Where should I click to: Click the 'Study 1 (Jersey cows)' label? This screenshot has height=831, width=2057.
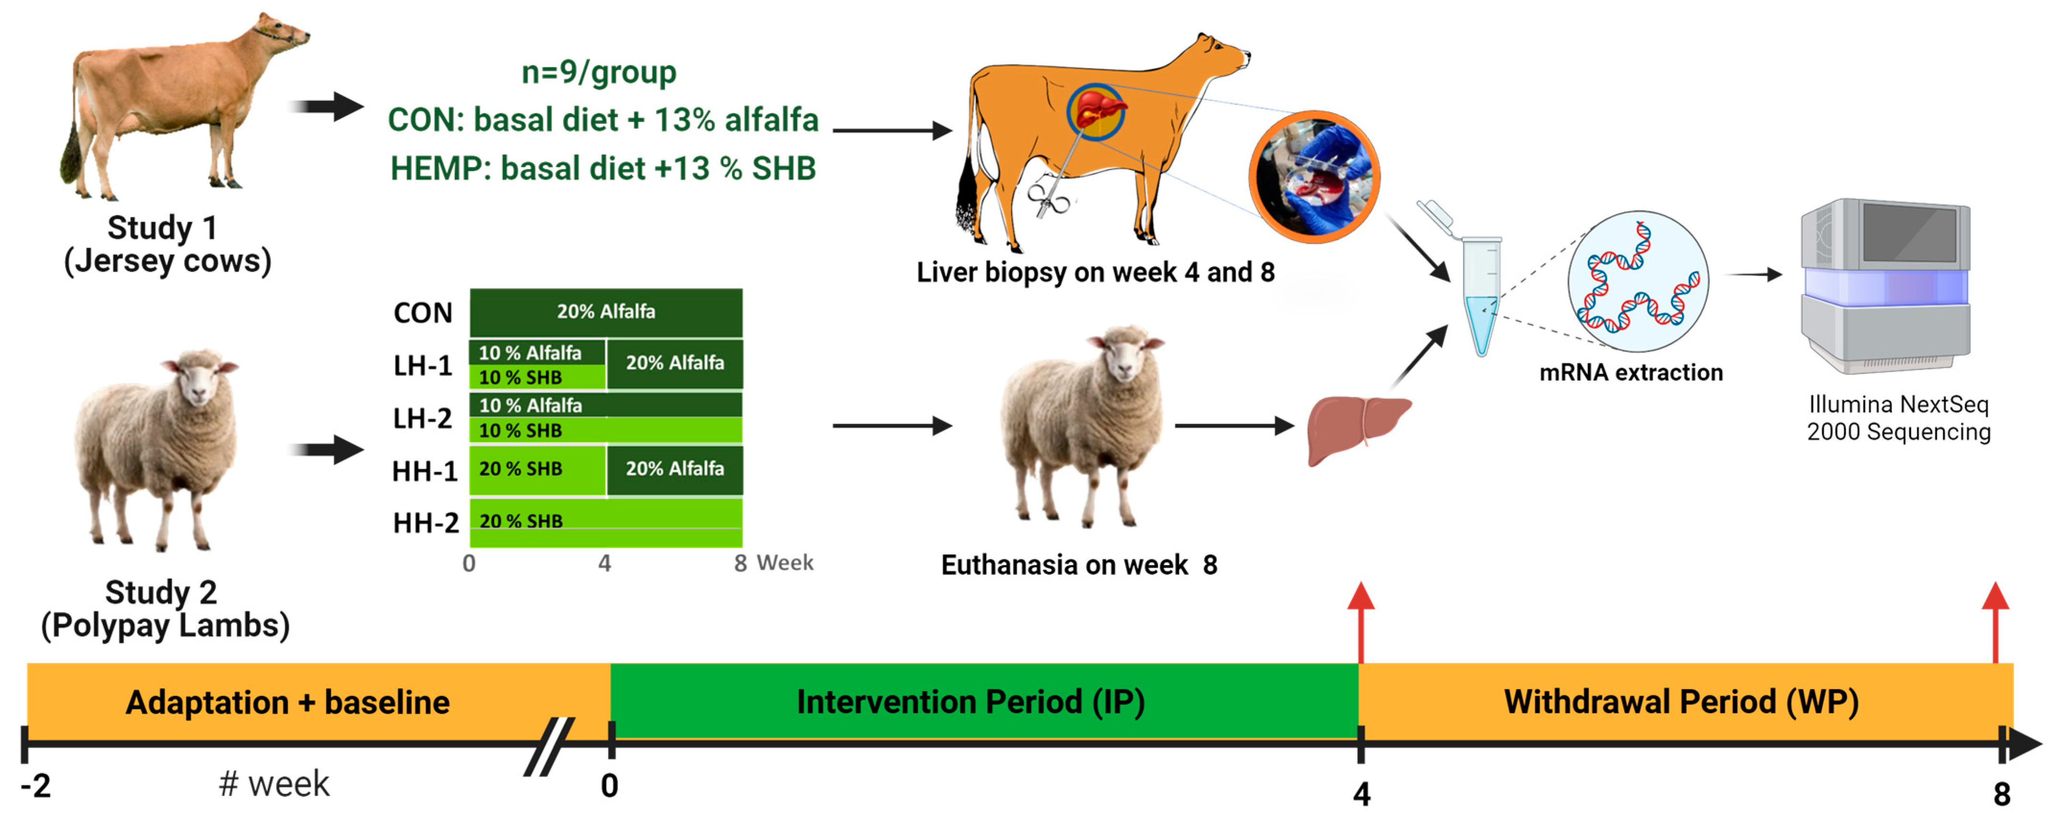coord(168,244)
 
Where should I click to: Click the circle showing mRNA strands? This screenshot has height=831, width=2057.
coord(1637,281)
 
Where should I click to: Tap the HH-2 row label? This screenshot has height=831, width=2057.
coord(425,523)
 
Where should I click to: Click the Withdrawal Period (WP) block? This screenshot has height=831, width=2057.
coord(1681,701)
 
